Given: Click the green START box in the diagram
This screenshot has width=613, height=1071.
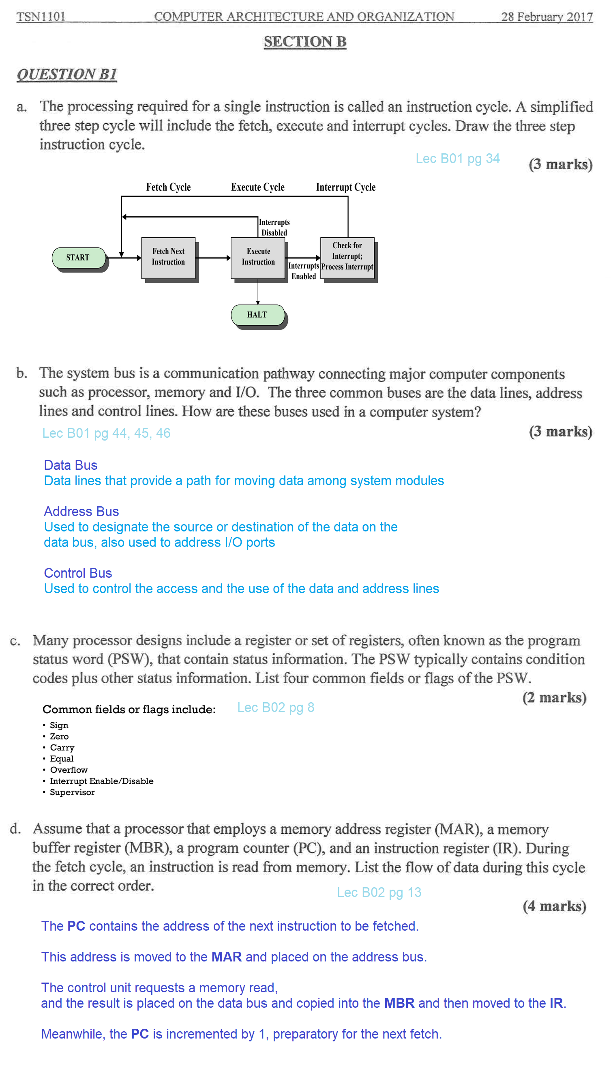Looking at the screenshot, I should tap(78, 257).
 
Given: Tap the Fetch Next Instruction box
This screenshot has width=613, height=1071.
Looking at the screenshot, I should tap(168, 257).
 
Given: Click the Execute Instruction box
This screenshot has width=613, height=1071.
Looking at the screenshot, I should tap(258, 257).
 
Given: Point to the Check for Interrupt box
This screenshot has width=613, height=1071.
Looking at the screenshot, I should tap(347, 256).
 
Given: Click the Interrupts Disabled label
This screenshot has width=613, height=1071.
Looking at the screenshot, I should tap(274, 227).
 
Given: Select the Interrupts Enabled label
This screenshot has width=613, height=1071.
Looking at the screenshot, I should tap(303, 271).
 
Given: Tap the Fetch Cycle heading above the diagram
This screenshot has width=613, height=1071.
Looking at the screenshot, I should tap(168, 187).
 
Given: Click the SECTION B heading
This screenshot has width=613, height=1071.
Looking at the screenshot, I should tap(305, 42).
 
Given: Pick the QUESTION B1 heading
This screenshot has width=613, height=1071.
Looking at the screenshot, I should tap(66, 74).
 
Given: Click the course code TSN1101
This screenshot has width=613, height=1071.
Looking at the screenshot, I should tap(41, 16).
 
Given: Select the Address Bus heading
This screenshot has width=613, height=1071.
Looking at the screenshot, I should tap(81, 511).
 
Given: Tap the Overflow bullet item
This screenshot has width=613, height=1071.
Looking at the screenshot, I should tap(69, 770).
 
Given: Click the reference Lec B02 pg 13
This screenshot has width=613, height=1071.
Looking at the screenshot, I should tap(379, 892).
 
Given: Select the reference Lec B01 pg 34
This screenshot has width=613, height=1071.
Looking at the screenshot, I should tap(457, 158).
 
